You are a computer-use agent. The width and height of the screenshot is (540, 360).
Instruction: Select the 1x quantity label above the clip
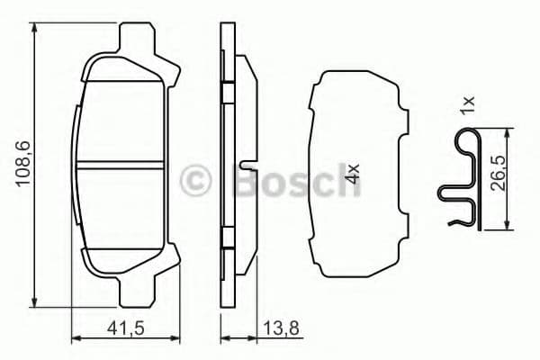pyautogui.click(x=467, y=106)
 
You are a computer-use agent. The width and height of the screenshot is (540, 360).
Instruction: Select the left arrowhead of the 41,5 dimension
pyautogui.click(x=75, y=340)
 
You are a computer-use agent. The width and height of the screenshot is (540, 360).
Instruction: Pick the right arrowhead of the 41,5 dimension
pyautogui.click(x=166, y=340)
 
